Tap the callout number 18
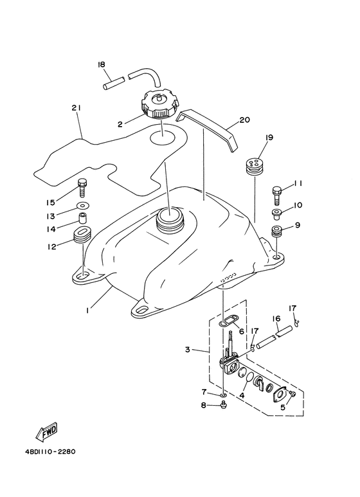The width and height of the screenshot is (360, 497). [102, 65]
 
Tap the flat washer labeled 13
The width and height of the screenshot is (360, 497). [83, 206]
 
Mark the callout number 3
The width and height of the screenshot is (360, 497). [188, 350]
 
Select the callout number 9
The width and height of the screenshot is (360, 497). [298, 225]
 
